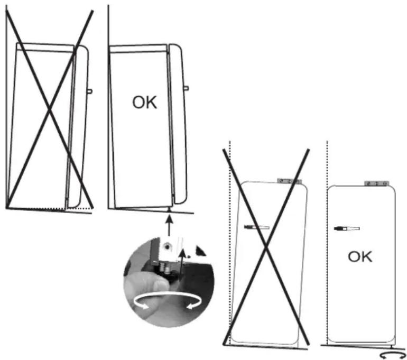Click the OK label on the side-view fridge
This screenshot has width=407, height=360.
click(x=145, y=103)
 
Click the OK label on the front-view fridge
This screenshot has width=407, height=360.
click(x=360, y=257)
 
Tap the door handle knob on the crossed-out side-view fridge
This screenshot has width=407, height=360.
click(x=89, y=91)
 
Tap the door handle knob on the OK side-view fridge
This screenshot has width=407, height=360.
click(x=186, y=88)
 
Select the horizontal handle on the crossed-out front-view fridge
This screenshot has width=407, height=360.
click(x=257, y=227)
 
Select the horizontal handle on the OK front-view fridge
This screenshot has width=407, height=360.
click(x=347, y=229)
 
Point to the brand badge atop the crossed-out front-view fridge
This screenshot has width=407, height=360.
click(x=290, y=181)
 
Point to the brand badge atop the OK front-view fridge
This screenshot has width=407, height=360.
click(x=377, y=183)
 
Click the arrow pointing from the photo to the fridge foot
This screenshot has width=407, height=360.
click(x=169, y=226)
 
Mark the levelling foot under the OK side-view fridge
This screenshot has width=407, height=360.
click(x=170, y=209)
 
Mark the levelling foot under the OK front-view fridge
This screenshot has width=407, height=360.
click(x=392, y=346)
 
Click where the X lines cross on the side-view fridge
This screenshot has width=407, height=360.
click(x=50, y=110)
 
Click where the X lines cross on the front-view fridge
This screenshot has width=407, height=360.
click(x=266, y=247)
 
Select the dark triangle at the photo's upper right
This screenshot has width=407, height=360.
click(x=200, y=251)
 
